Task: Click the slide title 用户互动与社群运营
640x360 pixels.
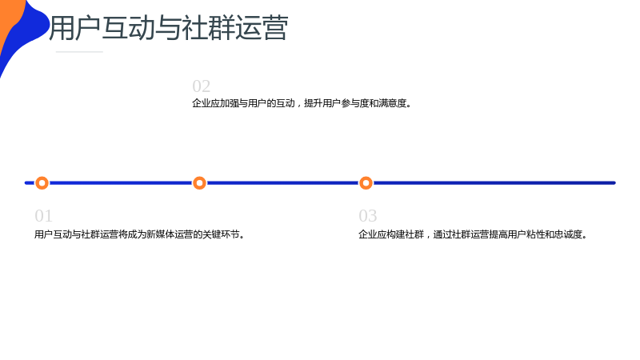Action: [169, 28]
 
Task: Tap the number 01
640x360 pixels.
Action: [44, 216]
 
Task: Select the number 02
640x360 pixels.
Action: [202, 86]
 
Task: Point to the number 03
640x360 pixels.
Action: [368, 216]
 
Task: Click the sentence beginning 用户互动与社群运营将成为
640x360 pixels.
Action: [139, 234]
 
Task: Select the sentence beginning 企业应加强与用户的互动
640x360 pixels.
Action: [302, 103]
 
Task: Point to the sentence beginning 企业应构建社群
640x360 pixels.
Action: [473, 234]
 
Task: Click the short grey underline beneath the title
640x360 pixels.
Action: [79, 52]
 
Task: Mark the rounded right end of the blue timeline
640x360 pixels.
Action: [614, 183]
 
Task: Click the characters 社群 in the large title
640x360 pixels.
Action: [208, 28]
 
